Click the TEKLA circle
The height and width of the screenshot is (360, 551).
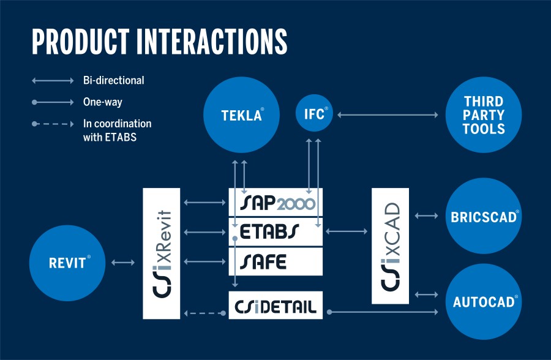241,114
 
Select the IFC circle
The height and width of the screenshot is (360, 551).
314,113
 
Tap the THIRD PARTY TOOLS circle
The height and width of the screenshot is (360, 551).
484,114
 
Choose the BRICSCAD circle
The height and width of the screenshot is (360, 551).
484,216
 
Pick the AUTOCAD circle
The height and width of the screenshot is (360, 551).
484,302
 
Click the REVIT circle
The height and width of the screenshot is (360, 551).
67,263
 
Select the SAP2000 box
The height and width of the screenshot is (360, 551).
275,202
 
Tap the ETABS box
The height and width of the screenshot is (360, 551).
275,231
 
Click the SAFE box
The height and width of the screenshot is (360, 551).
275,261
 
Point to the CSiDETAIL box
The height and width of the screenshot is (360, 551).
275,305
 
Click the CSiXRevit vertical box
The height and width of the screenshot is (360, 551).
161,253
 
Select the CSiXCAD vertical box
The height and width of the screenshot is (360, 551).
390,246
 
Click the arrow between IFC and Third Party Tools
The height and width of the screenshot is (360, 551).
388,114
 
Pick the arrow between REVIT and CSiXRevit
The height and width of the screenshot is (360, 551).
123,262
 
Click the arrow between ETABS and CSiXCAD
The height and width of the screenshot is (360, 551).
347,231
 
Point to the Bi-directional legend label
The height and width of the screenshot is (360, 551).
113,80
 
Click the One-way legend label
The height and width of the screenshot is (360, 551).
103,102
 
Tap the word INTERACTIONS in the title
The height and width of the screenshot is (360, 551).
212,42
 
